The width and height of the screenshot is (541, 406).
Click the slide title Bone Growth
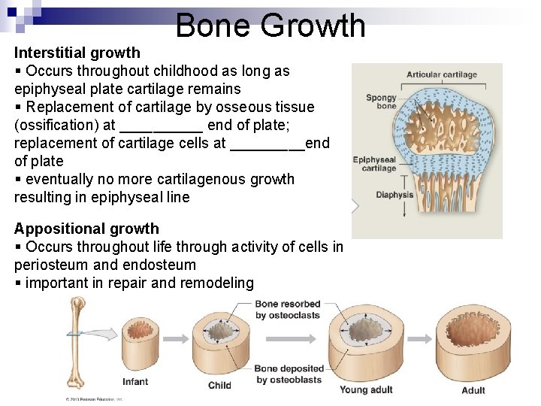pyautogui.click(x=270, y=26)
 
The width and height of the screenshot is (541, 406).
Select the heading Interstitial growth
pyautogui.click(x=77, y=53)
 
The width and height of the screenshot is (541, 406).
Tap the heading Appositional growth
pyautogui.click(x=86, y=229)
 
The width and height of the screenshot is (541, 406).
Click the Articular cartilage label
pyautogui.click(x=442, y=75)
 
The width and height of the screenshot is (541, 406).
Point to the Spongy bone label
pyautogui.click(x=381, y=102)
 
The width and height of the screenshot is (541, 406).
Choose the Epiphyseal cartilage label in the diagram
pyautogui.click(x=375, y=164)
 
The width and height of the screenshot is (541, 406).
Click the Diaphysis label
pyautogui.click(x=394, y=195)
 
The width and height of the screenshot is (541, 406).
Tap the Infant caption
pyautogui.click(x=135, y=382)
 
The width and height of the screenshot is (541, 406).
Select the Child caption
pyautogui.click(x=219, y=386)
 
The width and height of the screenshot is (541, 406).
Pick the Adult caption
pyautogui.click(x=473, y=390)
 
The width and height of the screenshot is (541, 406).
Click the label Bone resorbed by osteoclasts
pyautogui.click(x=288, y=310)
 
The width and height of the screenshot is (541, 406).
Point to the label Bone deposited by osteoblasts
pyautogui.click(x=289, y=374)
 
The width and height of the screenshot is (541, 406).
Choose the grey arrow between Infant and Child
pyautogui.click(x=177, y=339)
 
